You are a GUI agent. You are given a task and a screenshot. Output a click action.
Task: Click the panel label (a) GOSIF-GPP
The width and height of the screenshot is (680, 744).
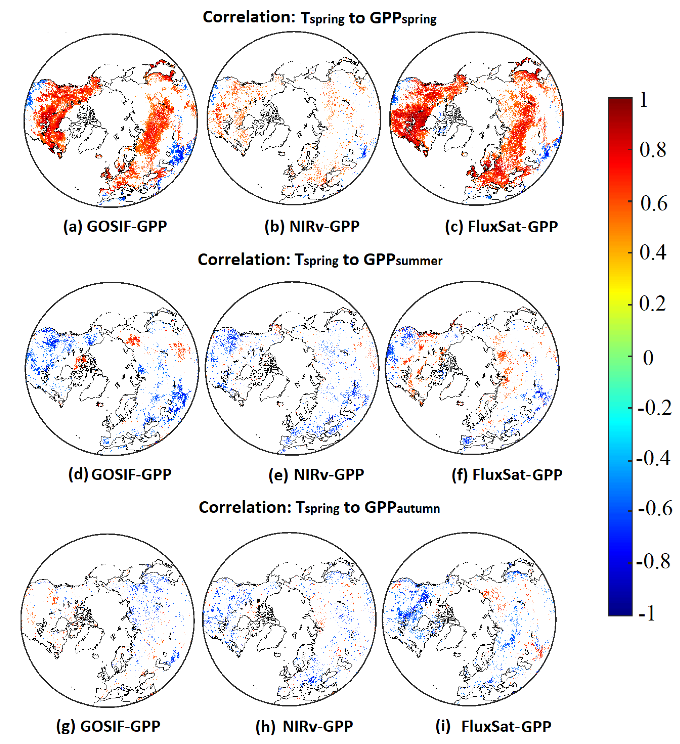tap(115, 226)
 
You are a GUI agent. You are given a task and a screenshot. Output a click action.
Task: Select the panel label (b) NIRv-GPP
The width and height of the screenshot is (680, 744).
tap(312, 226)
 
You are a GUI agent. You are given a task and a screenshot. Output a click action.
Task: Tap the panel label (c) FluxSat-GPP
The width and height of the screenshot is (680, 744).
tap(501, 226)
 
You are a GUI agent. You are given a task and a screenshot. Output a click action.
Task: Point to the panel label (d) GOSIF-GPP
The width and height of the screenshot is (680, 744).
tap(120, 474)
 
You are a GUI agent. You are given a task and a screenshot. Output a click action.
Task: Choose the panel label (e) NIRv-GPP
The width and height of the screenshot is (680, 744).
tap(316, 474)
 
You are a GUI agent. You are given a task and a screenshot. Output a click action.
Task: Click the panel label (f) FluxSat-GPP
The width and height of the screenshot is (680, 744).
tap(507, 474)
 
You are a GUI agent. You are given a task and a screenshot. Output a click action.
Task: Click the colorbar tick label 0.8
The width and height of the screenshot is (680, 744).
tap(653, 150)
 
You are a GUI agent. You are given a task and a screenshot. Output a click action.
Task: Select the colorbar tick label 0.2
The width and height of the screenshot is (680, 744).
tap(652, 304)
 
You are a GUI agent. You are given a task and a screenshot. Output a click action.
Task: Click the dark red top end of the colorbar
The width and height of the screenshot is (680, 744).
tap(620, 101)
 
